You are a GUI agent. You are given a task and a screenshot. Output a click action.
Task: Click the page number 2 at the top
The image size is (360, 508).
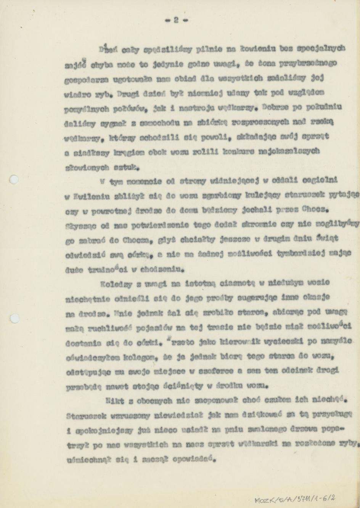tap(177, 20)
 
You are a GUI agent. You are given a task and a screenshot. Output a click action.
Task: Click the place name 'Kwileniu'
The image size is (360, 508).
tap(82, 196)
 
